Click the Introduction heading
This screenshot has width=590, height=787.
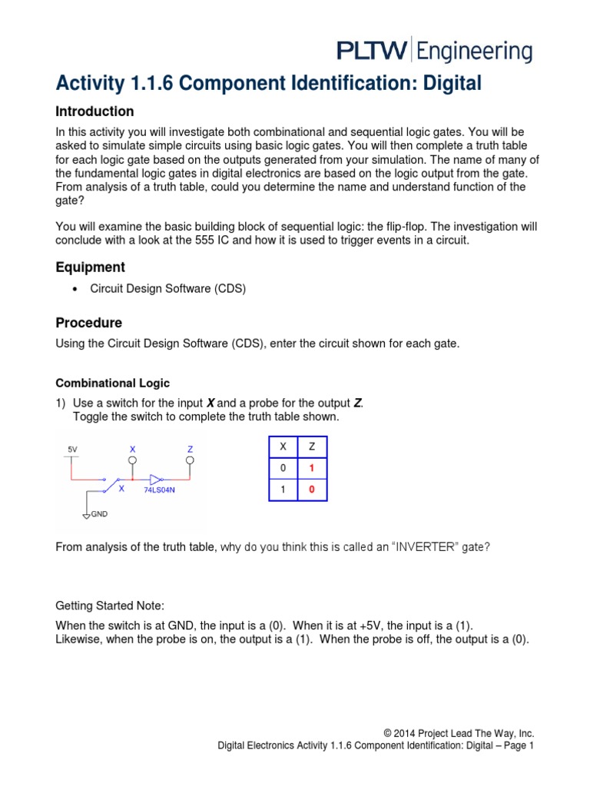click(94, 111)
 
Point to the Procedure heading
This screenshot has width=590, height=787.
click(89, 323)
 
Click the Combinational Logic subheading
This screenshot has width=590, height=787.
click(113, 383)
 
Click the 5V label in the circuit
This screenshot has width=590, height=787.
click(72, 448)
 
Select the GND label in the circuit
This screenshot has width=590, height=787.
click(99, 513)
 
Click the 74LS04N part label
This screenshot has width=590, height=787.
click(160, 489)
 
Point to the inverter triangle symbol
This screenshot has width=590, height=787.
click(157, 477)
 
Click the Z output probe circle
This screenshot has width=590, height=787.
click(189, 460)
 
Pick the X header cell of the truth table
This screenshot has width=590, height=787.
click(283, 447)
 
